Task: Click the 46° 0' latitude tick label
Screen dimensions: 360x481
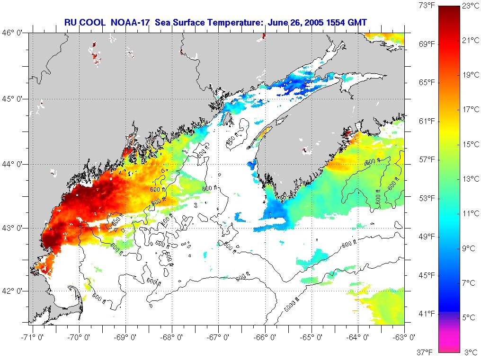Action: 15,33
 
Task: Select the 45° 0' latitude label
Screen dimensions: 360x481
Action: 15,99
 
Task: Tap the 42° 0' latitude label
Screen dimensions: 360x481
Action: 15,291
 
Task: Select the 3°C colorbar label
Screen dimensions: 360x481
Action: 470,352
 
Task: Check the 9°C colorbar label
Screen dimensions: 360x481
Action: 470,248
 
